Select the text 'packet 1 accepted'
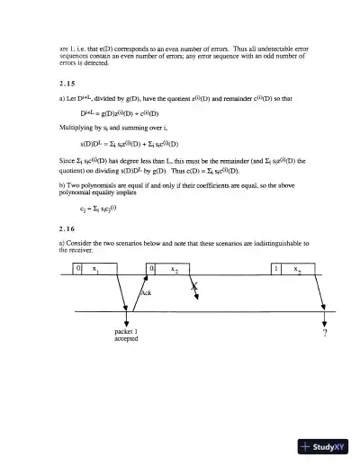pyautogui.click(x=126, y=336)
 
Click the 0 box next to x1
pyautogui.click(x=78, y=268)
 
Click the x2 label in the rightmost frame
pyautogui.click(x=294, y=269)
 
